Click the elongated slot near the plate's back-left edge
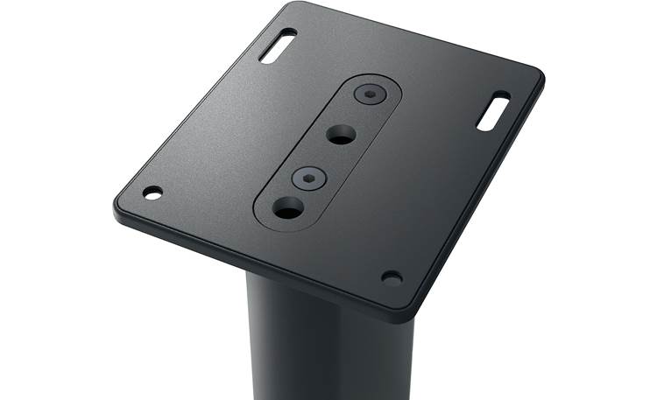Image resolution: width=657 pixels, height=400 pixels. (x=278, y=46)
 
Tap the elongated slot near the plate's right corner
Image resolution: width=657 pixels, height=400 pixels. (x=493, y=111)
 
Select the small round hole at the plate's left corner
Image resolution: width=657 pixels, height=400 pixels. (x=152, y=193)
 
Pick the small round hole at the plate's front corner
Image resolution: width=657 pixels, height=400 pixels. (x=392, y=278)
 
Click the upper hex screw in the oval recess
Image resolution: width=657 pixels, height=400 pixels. (x=370, y=93)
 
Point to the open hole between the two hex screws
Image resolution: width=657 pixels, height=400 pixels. (x=342, y=135)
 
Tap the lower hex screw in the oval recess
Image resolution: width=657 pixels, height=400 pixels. (x=309, y=179)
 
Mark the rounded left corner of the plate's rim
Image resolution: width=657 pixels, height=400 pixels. (x=119, y=208)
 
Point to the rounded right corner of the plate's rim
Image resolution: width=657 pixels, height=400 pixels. (x=536, y=81)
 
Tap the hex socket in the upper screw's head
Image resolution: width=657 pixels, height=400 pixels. (x=371, y=92)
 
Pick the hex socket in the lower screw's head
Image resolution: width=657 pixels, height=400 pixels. (x=309, y=179)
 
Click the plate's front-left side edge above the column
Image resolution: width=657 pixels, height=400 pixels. (x=254, y=263)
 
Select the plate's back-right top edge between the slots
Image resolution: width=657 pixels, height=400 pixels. (x=412, y=39)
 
